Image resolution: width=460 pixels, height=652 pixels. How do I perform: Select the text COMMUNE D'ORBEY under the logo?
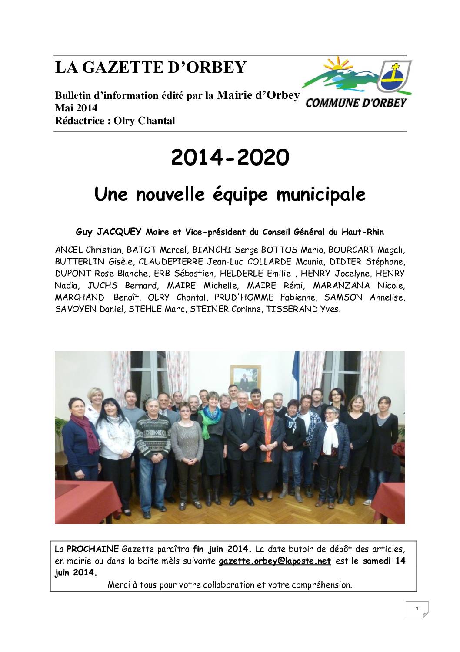[356, 103]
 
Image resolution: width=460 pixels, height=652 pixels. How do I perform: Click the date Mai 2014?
[76, 108]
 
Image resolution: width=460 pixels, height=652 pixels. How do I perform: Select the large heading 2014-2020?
[230, 158]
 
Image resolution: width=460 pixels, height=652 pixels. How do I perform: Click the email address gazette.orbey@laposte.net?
[275, 561]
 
